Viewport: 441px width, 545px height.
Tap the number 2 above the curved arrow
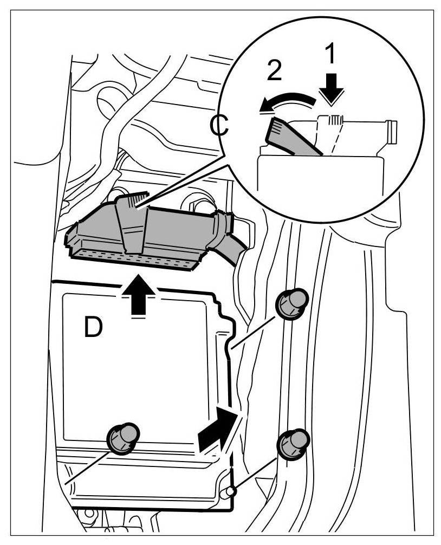click(275, 72)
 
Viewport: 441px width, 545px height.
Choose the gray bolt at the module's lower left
click(122, 437)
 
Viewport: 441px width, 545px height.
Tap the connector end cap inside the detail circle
click(390, 131)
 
